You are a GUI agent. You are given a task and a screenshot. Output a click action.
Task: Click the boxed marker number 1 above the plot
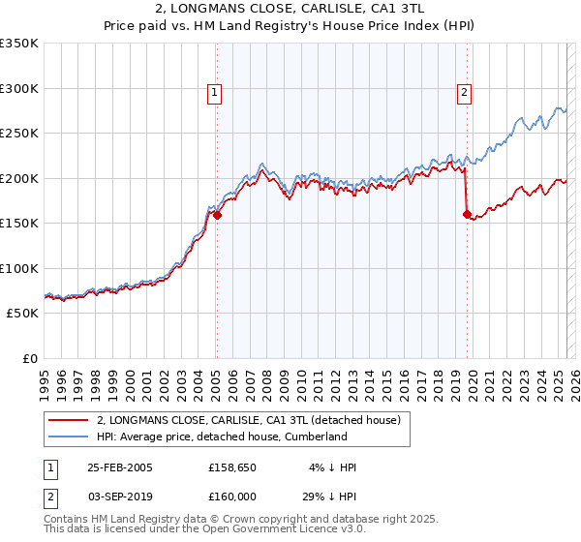(x=214, y=93)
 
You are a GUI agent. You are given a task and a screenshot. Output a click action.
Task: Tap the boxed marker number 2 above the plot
(x=465, y=93)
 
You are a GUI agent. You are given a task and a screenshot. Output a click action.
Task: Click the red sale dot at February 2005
(x=217, y=216)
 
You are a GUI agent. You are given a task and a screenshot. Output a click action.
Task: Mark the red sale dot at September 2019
(x=467, y=215)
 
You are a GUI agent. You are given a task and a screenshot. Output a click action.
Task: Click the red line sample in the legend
(x=67, y=420)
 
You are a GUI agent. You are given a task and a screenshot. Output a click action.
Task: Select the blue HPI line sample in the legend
(x=67, y=437)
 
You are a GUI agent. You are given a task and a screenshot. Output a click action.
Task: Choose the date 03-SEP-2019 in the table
(x=120, y=496)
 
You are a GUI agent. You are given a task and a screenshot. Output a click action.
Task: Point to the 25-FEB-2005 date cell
(x=120, y=467)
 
